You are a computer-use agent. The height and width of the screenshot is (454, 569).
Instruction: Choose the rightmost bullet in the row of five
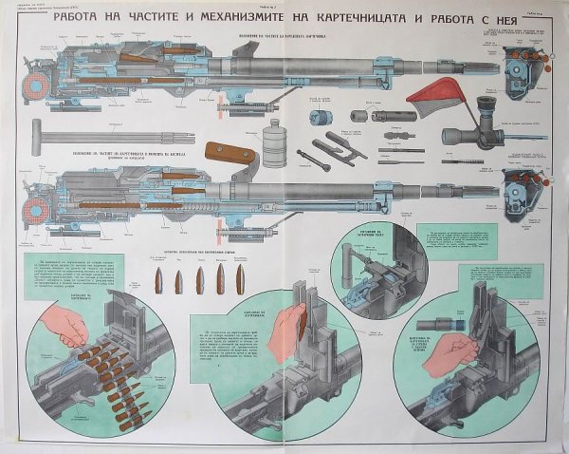240,279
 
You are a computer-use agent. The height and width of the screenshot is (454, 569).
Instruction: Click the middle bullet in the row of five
199,280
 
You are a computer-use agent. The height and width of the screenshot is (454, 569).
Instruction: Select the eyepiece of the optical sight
488,104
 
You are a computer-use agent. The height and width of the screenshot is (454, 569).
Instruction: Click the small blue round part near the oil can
317,118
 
